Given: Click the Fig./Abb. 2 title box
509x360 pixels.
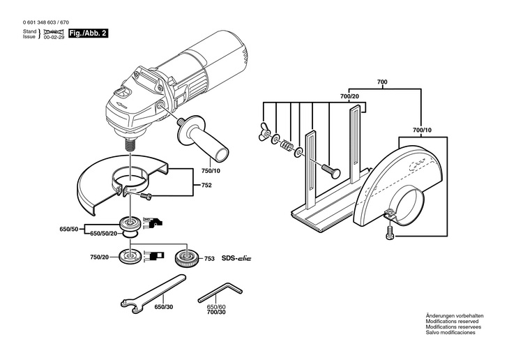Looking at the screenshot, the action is click(x=88, y=33).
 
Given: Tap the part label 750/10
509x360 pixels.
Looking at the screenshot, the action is click(x=211, y=170).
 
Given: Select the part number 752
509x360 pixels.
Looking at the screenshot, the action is click(x=206, y=185).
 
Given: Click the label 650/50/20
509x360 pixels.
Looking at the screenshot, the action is click(x=103, y=234).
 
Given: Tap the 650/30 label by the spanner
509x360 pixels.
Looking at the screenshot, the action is click(x=164, y=307).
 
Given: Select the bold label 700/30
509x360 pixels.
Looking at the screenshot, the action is click(x=216, y=313).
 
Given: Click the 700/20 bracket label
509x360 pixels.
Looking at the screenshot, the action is click(x=349, y=96).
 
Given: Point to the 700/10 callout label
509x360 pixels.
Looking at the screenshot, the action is click(x=422, y=130).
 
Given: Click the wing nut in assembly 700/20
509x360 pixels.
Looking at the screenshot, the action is click(x=264, y=132).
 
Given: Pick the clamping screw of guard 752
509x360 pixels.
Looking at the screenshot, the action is click(x=146, y=196).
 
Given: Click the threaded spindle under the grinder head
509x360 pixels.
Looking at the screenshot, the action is click(x=130, y=143).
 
